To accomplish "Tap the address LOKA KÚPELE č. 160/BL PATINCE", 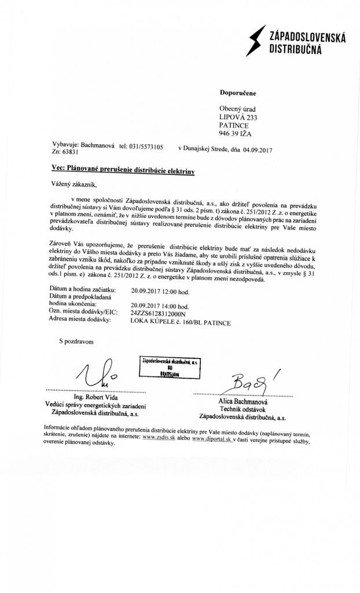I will [181, 322].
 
